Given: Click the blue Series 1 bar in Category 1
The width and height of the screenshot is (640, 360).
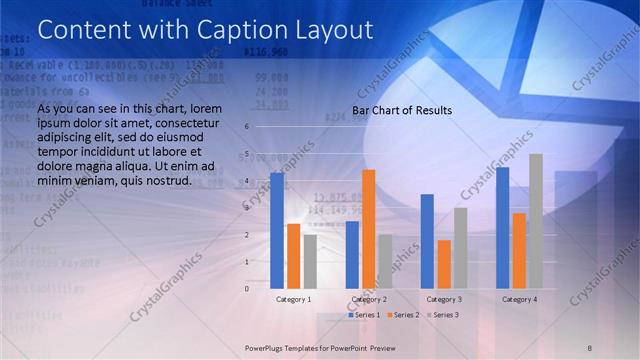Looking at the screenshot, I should tap(277, 230).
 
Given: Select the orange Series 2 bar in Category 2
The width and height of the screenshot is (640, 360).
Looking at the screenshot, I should tap(369, 229).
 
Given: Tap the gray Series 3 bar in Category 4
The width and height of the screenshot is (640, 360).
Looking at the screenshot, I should tap(536, 221).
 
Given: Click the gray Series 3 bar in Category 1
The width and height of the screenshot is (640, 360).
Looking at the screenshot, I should tap(310, 261).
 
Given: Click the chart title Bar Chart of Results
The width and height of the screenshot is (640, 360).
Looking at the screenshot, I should tap(402, 110).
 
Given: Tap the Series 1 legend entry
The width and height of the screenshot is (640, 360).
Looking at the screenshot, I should tap(363, 315).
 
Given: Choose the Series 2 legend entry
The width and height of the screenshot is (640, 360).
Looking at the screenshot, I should tap(402, 315).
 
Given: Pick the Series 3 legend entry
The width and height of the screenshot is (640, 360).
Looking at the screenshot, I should tap(441, 315).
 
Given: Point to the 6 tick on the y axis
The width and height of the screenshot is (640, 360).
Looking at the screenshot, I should tap(247, 127).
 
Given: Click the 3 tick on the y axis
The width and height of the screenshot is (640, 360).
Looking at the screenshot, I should tap(247, 208).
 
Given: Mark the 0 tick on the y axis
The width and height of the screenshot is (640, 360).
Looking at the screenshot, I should tap(247, 288).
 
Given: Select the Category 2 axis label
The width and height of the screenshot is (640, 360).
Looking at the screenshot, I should tap(369, 299).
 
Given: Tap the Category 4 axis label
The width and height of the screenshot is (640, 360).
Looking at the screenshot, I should tap(519, 299).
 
